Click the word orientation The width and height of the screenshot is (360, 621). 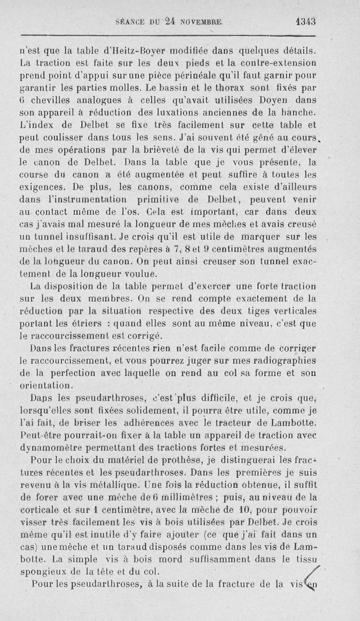[x=46, y=385]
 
